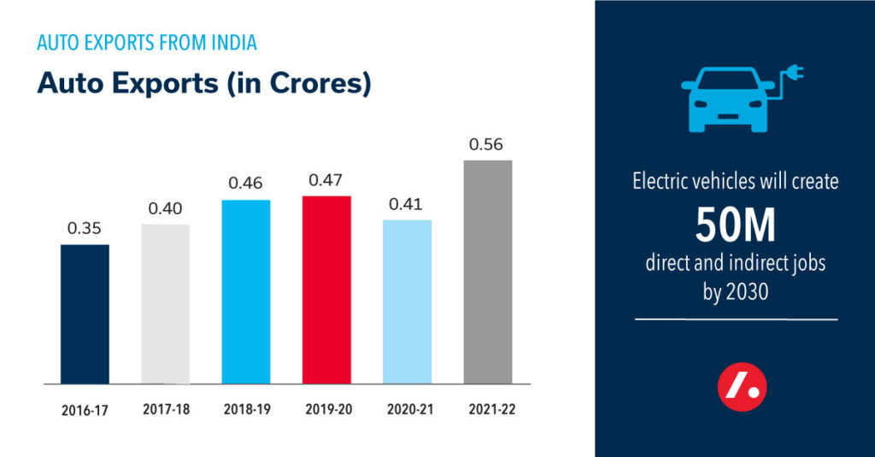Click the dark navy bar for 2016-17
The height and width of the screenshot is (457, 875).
[85, 313]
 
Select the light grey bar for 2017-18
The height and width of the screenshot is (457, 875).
[165, 303]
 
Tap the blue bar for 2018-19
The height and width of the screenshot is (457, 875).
[246, 291]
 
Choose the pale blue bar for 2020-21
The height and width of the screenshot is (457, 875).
[407, 302]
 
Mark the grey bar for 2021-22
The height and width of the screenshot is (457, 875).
[487, 272]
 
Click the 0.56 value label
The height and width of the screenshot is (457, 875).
[486, 144]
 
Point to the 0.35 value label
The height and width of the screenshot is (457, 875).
[85, 229]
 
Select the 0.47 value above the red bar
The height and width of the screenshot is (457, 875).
[326, 181]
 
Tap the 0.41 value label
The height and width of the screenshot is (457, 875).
[407, 204]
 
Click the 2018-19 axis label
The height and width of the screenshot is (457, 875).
[246, 409]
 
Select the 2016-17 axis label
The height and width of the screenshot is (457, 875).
[85, 409]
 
